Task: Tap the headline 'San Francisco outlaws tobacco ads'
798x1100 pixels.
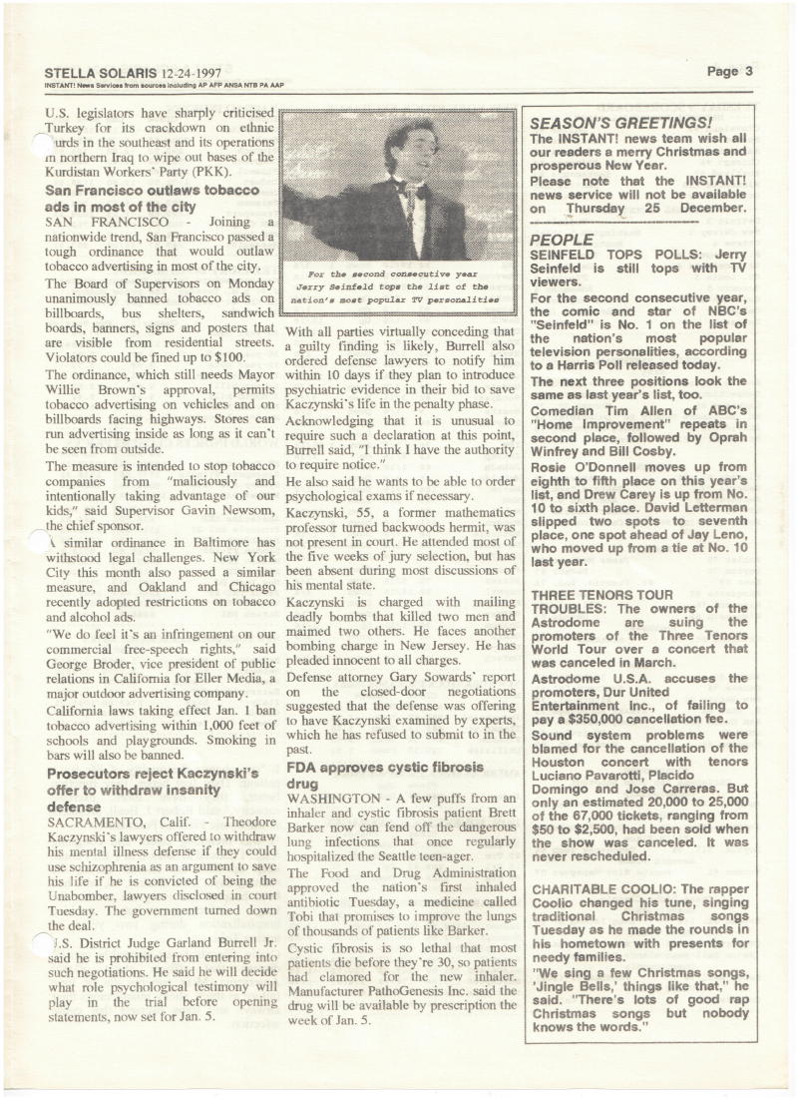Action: point(153,198)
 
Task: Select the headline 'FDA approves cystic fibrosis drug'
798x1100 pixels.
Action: point(384,776)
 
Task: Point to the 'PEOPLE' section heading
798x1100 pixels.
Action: point(562,241)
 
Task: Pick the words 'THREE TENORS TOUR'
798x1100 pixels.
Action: point(601,594)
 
